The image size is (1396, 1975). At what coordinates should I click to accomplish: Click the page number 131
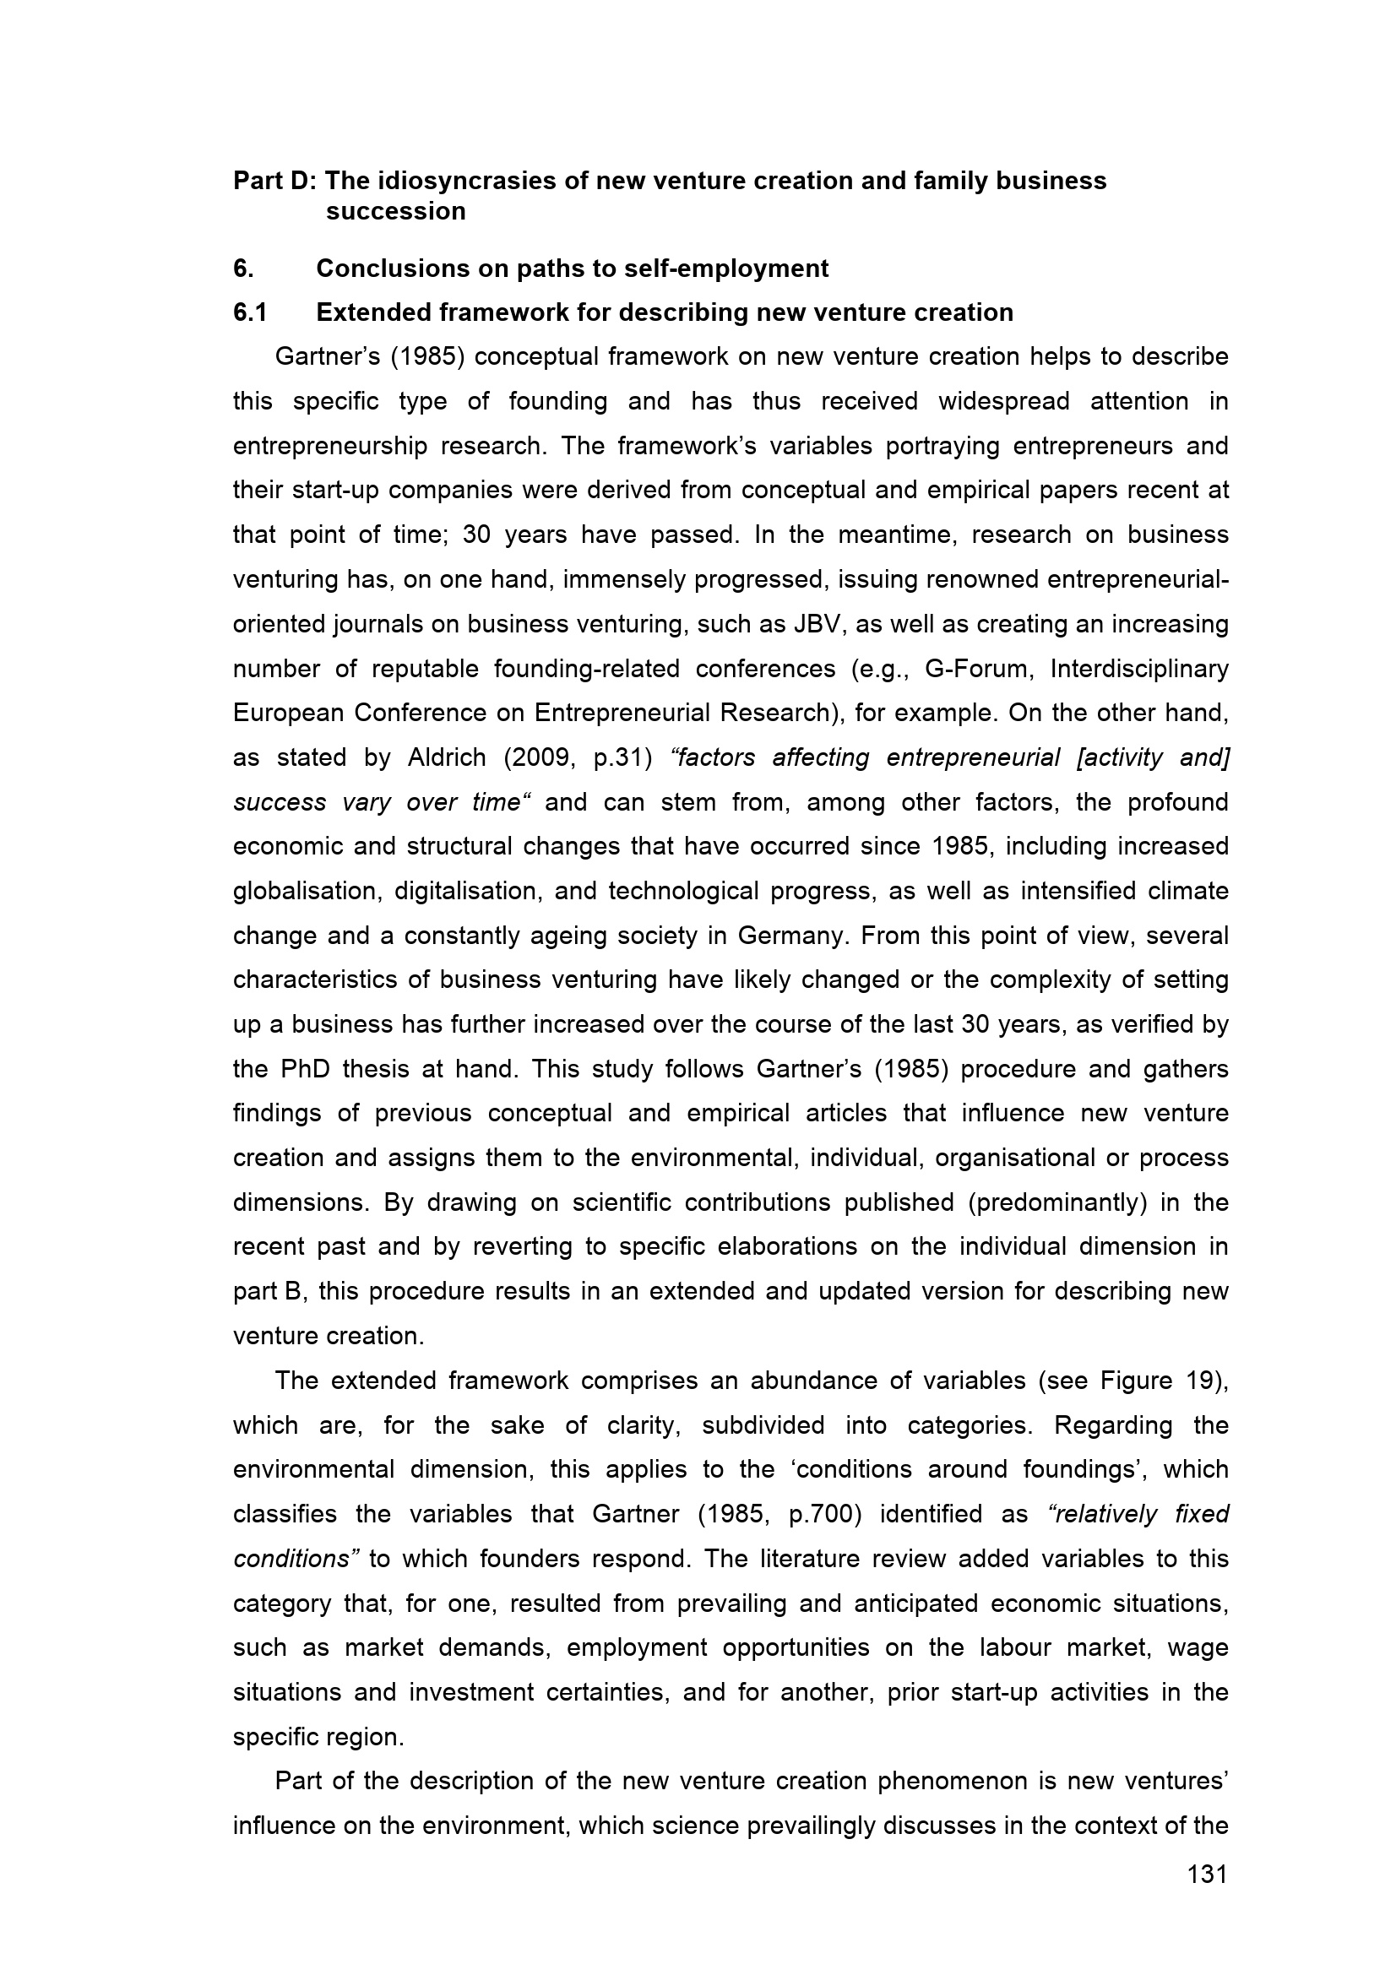[x=1207, y=1875]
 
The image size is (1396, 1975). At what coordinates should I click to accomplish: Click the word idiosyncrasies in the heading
[x=466, y=181]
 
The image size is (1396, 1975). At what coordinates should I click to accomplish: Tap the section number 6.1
[x=249, y=312]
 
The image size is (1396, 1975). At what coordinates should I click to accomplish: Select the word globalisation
[x=306, y=891]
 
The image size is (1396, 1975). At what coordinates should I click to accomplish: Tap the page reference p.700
[x=825, y=1514]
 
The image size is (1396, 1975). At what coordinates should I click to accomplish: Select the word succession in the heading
[x=396, y=212]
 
